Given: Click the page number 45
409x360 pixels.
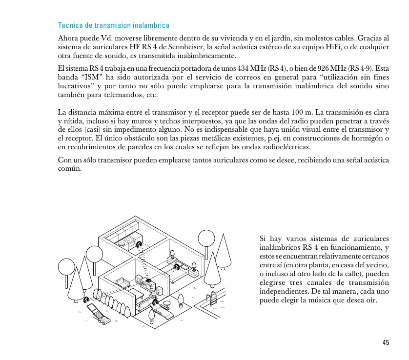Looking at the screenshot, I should point(386,343).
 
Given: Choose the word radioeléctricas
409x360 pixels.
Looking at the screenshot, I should point(283,147).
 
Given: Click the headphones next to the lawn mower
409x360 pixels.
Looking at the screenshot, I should point(86,300).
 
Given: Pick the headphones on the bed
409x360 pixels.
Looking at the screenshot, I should point(178,266).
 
